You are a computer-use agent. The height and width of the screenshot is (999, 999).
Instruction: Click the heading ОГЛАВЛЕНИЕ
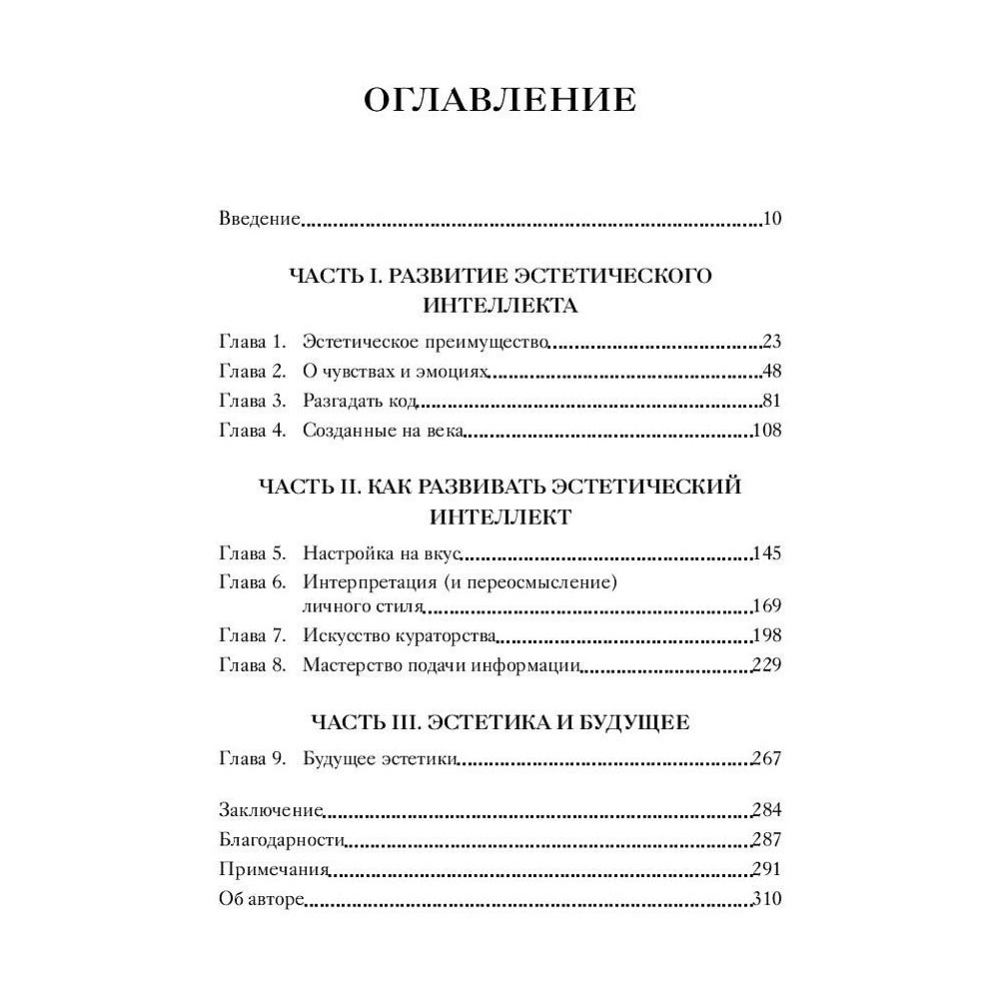coord(499,102)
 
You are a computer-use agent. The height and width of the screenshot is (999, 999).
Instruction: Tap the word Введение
coord(260,219)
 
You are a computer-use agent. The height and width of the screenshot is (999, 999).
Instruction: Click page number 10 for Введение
coord(770,219)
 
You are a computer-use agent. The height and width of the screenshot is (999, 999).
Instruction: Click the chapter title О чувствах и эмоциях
coord(395,372)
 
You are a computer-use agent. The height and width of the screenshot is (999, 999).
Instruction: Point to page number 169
coord(766,606)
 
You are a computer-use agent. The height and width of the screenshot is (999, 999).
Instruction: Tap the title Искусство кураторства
coord(400,636)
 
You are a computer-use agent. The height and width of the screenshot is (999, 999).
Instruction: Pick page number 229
coord(766,666)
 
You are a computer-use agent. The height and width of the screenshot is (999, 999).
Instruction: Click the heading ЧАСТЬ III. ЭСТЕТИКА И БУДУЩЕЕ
coord(499,722)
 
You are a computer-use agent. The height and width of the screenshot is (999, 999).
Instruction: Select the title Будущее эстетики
coord(380,759)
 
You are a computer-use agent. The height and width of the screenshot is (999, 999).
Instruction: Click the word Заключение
coord(270,810)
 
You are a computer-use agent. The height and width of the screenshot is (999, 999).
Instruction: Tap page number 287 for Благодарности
coord(766,840)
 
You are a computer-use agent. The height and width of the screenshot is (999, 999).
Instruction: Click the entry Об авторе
coord(260,899)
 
